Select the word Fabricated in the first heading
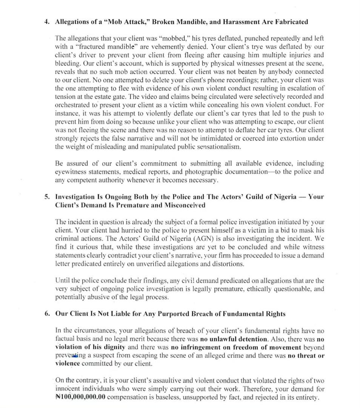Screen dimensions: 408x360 pos(289,22)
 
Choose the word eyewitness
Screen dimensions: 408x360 pos(71,172)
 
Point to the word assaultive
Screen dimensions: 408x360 pos(162,380)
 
